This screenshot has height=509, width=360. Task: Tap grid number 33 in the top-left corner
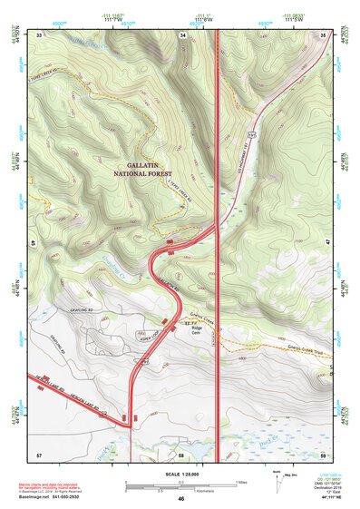(40, 34)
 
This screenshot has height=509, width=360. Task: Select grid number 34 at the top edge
(182, 34)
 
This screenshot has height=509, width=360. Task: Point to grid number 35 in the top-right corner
(324, 34)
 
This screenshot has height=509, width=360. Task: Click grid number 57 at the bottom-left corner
(39, 453)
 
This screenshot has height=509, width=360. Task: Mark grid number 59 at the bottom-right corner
(324, 453)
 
